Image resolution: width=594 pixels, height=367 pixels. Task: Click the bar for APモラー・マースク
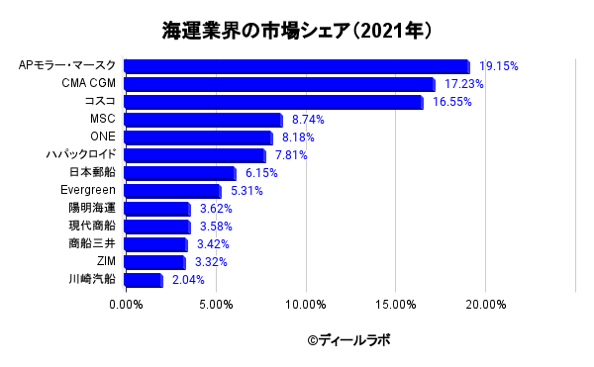[297, 66]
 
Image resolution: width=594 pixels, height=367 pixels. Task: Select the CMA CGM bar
[279, 84]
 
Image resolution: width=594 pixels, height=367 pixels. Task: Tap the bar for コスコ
[273, 102]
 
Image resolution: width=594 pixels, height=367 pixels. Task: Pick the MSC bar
[203, 120]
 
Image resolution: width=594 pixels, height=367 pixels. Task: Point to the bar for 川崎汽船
[144, 280]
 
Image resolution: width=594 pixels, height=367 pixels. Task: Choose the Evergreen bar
[172, 191]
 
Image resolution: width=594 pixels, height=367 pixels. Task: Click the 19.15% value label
[499, 66]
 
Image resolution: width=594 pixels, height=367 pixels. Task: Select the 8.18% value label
[298, 138]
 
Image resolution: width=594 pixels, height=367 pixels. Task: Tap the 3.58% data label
[216, 227]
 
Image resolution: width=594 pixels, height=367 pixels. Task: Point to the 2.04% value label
[188, 280]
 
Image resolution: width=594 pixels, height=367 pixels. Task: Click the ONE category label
[103, 137]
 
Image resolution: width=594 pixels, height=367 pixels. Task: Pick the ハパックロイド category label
[81, 154]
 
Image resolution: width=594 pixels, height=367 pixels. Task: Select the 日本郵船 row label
[92, 172]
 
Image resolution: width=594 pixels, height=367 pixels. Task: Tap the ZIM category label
[106, 261]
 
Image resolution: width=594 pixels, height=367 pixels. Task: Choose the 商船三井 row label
[92, 243]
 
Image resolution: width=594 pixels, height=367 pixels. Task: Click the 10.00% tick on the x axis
[306, 305]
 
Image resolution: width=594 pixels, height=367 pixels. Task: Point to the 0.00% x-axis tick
[126, 305]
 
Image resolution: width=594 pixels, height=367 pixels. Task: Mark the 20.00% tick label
[486, 305]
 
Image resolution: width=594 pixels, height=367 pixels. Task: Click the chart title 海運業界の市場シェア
[255, 31]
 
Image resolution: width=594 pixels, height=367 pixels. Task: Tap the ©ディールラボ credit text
[348, 340]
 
